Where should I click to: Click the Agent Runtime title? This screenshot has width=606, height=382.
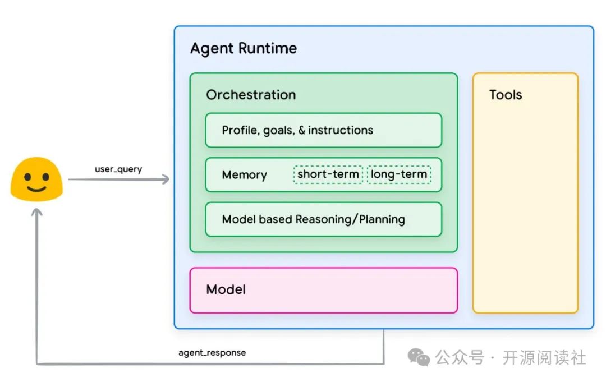coord(244,48)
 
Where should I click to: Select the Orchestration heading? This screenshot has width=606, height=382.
coord(251,95)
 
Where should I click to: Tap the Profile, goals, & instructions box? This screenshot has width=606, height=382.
coord(323,130)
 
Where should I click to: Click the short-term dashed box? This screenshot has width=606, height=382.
coord(328,174)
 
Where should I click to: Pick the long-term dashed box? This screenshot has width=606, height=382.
coord(399,174)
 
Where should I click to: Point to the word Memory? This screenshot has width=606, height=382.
coord(244,175)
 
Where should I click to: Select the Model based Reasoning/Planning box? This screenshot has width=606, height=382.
coord(323,219)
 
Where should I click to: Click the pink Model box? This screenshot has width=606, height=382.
coord(323,290)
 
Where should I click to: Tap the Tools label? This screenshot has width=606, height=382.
coord(506,95)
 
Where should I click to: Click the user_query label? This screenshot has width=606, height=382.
coord(118,169)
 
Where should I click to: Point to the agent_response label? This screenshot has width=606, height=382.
coord(212,353)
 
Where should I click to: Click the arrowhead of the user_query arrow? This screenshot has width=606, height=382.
coord(165,180)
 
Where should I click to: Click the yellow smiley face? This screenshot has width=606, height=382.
coord(37,179)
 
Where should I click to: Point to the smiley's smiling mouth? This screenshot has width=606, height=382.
coord(36,188)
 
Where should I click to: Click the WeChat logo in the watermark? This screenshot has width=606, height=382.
coord(419,357)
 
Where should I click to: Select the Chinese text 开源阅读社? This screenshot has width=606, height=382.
coord(544,357)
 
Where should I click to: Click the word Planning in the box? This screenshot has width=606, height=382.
coord(382,219)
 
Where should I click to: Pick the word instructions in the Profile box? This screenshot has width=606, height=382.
coord(341,130)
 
